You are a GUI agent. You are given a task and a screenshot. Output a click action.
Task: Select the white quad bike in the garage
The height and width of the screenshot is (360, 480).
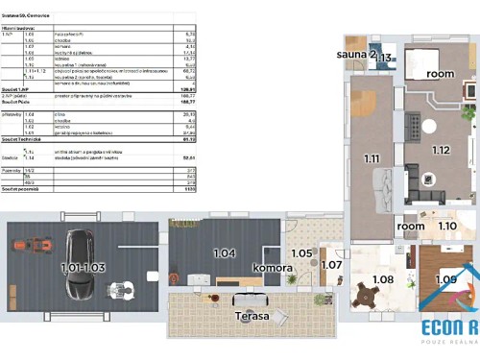click(x=120, y=287)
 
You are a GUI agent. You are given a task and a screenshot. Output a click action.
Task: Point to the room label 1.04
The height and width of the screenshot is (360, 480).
click(x=224, y=253)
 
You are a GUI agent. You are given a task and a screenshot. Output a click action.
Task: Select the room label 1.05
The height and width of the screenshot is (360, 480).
click(x=300, y=254)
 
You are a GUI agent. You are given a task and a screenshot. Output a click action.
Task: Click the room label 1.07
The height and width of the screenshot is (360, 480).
click(x=331, y=264)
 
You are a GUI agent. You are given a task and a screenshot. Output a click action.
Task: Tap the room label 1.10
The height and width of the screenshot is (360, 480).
click(x=447, y=227)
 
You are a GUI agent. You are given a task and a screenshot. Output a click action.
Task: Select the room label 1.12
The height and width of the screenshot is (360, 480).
click(x=440, y=149)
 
